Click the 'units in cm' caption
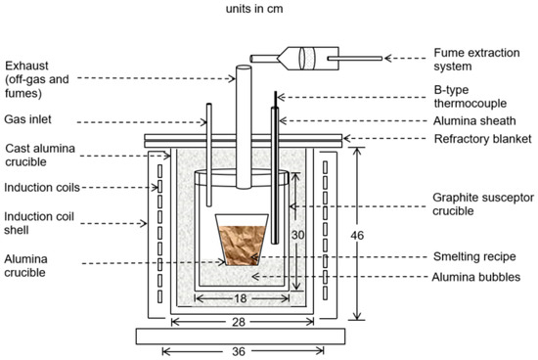(x=254, y=9)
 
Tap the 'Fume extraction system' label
(x=476, y=60)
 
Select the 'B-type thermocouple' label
(x=471, y=97)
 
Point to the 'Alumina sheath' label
(x=474, y=120)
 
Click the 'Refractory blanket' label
(x=483, y=139)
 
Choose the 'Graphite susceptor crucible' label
(x=483, y=204)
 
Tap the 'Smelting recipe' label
(x=474, y=256)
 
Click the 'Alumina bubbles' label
(x=476, y=277)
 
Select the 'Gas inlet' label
(x=27, y=119)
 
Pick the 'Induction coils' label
(x=42, y=188)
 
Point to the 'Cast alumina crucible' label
(x=40, y=156)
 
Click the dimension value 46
(x=357, y=236)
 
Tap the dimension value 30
(x=297, y=235)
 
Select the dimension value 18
(x=241, y=298)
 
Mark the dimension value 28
(x=239, y=322)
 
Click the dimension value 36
(x=239, y=351)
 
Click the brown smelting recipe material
(x=242, y=245)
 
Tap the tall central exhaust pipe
(x=244, y=126)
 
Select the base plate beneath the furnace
(x=241, y=336)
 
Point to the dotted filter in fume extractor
(x=309, y=59)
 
